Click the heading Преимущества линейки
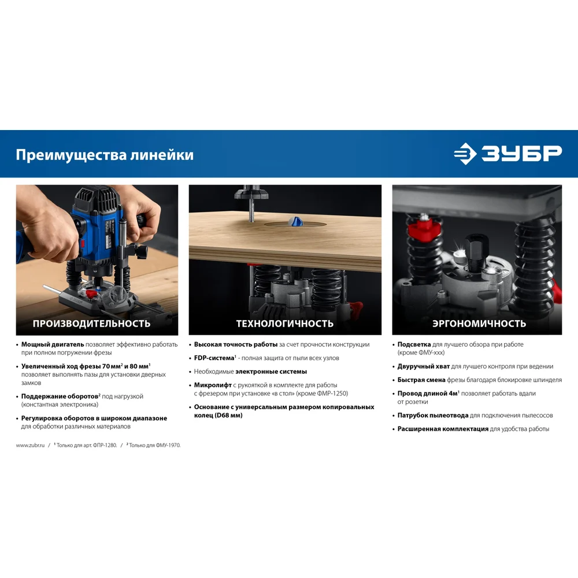(x=104, y=155)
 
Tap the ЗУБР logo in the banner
(x=507, y=153)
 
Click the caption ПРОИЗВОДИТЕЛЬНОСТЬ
(x=91, y=323)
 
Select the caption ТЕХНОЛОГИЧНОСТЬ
(x=284, y=323)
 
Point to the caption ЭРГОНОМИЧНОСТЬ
(x=479, y=323)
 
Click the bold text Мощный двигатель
(x=53, y=344)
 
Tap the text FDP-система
(x=214, y=358)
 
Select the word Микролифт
(x=213, y=385)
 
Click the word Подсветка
(x=414, y=344)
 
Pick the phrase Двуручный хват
(x=424, y=366)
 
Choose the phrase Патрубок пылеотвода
(x=433, y=416)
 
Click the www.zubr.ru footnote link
(x=30, y=445)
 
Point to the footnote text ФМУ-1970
(x=168, y=445)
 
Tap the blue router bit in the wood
(x=295, y=221)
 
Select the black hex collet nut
(x=477, y=244)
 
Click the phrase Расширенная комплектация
(x=443, y=429)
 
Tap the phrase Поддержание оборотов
(x=60, y=397)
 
